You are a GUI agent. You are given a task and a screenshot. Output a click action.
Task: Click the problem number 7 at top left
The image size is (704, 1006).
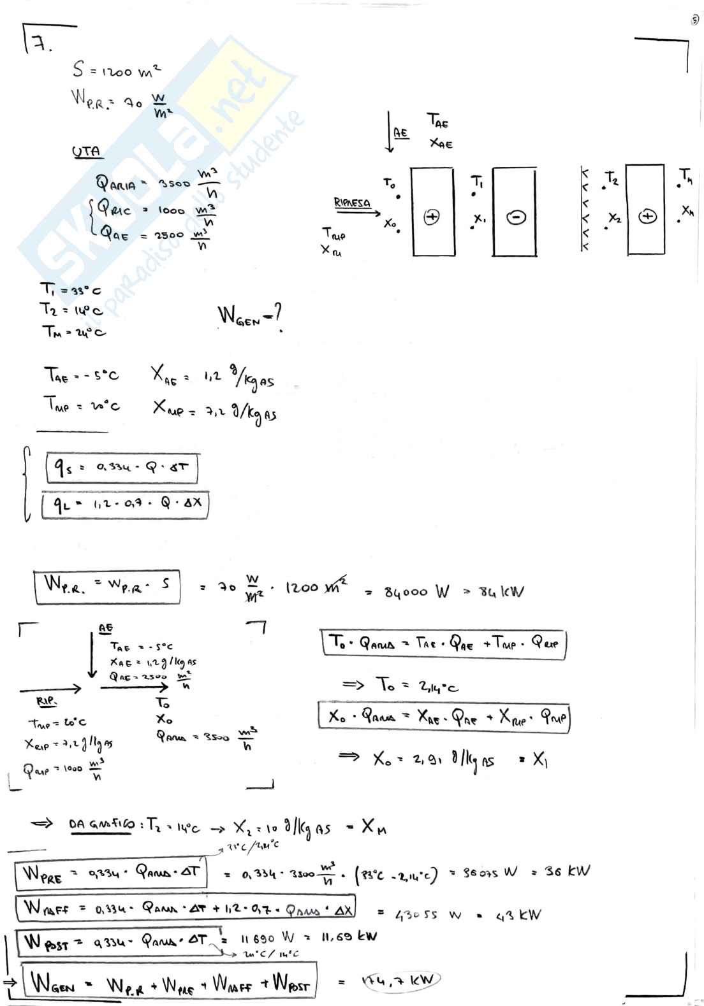(x=40, y=45)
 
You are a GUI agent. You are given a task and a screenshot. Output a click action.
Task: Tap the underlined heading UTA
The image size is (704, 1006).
(x=86, y=152)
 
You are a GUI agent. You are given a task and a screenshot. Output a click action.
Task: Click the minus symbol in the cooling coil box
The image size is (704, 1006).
(x=515, y=217)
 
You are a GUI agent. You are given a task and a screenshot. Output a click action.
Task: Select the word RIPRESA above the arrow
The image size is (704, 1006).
(x=352, y=203)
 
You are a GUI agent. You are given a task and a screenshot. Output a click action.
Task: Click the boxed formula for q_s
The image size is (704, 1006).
(x=122, y=468)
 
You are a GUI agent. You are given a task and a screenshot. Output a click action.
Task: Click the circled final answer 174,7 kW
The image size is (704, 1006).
(x=400, y=981)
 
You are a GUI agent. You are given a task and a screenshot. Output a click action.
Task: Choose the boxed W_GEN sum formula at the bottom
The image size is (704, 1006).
(x=170, y=983)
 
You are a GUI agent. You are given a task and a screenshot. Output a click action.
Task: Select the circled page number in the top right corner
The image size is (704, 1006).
(x=694, y=20)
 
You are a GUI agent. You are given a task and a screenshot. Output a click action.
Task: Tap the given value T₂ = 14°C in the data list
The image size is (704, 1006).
(x=71, y=310)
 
